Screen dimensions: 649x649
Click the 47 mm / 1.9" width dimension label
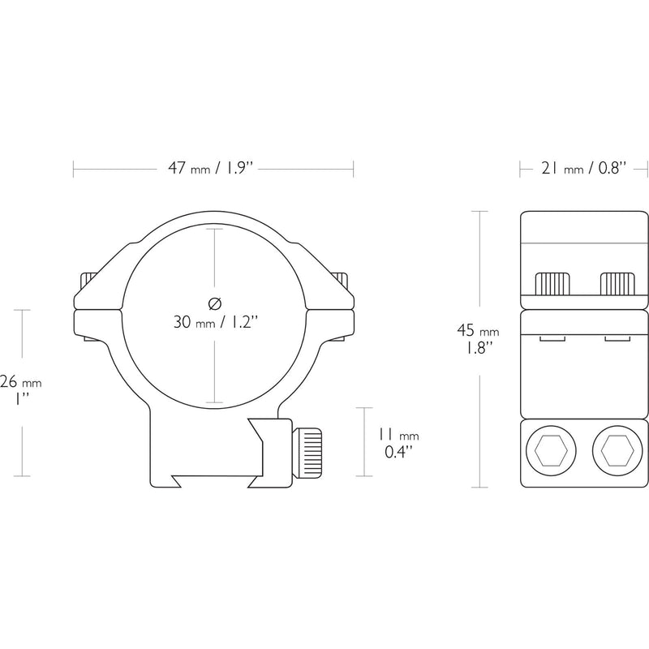[x=210, y=169]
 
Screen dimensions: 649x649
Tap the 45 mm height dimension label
[x=478, y=339]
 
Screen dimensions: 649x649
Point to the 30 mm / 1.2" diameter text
[x=216, y=322]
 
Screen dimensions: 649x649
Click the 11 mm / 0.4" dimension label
[x=398, y=443]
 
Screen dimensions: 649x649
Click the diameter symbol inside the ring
[x=215, y=303]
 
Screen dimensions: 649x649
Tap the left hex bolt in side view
[x=551, y=450]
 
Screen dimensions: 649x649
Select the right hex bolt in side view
[x=617, y=450]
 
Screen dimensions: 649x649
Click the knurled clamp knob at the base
[x=307, y=452]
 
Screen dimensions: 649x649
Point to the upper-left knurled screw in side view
[x=552, y=283]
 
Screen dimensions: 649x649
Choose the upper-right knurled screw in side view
[x=617, y=283]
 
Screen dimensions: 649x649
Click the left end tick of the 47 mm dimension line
[x=73, y=169]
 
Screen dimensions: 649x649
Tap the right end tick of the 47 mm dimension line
[x=353, y=169]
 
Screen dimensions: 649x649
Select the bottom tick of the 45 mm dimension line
[x=479, y=488]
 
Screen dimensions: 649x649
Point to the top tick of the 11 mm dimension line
[x=364, y=408]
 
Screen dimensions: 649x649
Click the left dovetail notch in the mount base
[x=177, y=480]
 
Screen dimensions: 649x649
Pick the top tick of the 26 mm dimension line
[x=23, y=310]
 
